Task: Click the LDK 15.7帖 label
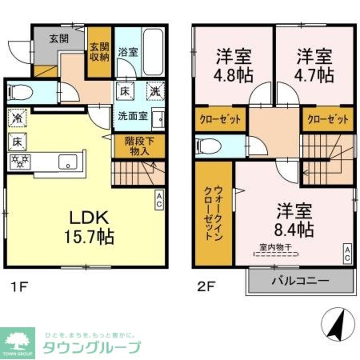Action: coord(89,227)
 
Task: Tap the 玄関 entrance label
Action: coord(59,39)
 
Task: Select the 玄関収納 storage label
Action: coord(99,52)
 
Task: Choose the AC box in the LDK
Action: coord(159,199)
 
